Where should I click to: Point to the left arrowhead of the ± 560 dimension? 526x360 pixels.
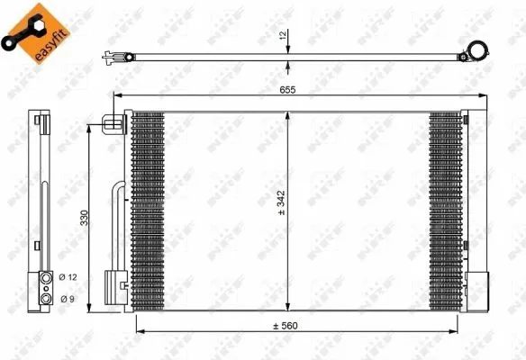[x=138, y=329]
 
